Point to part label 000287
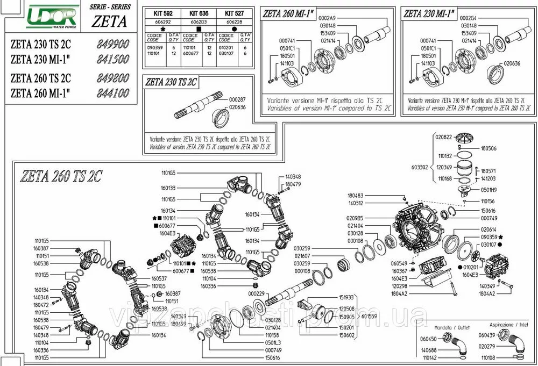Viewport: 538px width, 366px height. [237, 101]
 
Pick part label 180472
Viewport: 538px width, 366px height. [41, 305]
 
